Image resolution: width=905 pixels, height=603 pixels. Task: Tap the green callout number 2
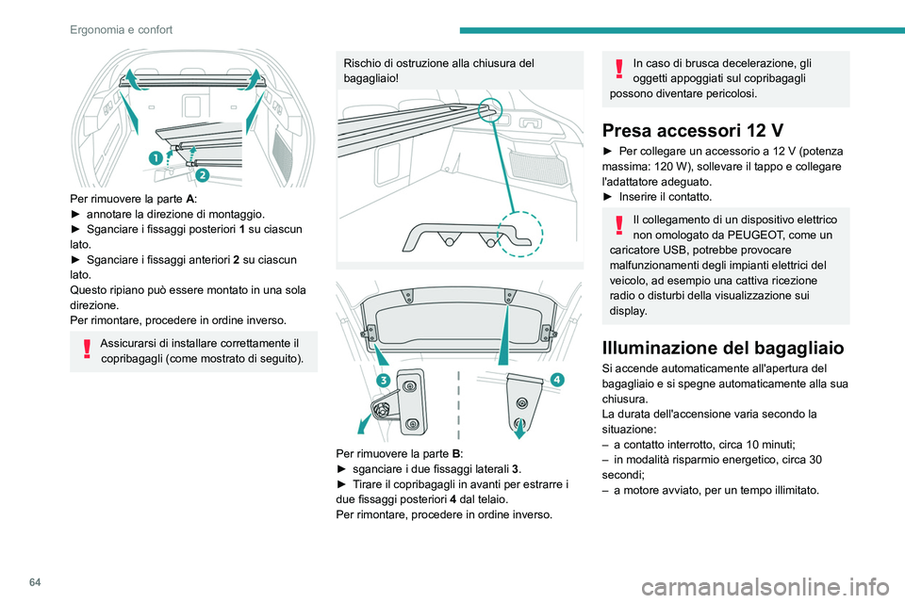tap(201, 175)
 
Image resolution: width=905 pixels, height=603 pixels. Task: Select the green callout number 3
tap(384, 380)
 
